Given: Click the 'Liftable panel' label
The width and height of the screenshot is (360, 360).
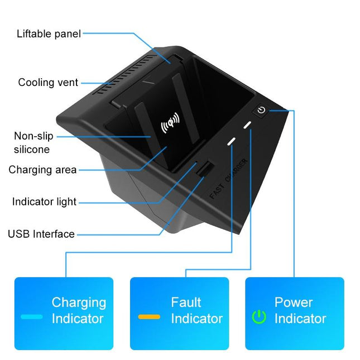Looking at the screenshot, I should (49, 33).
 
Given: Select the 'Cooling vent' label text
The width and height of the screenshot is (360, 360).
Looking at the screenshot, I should (48, 83).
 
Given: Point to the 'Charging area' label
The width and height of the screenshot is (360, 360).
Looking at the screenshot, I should (42, 170).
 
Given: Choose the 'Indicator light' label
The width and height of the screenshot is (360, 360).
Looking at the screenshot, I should (44, 201).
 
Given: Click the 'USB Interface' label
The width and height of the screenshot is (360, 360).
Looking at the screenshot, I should (41, 234).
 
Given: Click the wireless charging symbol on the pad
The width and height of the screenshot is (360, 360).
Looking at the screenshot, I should (170, 124).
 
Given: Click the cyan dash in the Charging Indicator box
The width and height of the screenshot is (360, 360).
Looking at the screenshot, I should (32, 316).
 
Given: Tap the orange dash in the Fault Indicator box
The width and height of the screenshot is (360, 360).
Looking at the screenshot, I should (149, 316).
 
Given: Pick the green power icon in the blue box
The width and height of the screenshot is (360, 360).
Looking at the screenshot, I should (259, 316).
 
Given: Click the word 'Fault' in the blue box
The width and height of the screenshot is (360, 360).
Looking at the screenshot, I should (186, 303).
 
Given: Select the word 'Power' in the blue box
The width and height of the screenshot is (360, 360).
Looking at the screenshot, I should (294, 303).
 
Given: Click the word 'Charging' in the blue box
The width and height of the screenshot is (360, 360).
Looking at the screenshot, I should (79, 303).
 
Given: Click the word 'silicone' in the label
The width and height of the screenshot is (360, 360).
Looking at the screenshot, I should (32, 150).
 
